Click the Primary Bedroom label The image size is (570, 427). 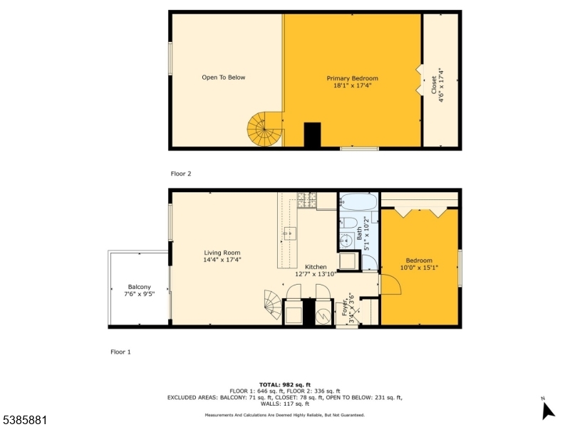(x=352, y=78)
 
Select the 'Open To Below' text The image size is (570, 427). (x=223, y=78)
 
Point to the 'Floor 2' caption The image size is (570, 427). (x=181, y=173)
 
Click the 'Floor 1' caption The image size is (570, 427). (x=120, y=352)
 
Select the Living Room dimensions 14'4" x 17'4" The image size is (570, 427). (x=222, y=260)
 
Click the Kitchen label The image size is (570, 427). (x=316, y=266)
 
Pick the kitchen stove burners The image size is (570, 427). (x=306, y=201)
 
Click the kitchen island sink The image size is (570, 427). (x=290, y=232)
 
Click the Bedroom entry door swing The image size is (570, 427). (x=389, y=285)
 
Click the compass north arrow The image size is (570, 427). (x=547, y=410)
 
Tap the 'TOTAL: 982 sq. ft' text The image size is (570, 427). (x=285, y=384)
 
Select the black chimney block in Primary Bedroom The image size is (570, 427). (x=312, y=135)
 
